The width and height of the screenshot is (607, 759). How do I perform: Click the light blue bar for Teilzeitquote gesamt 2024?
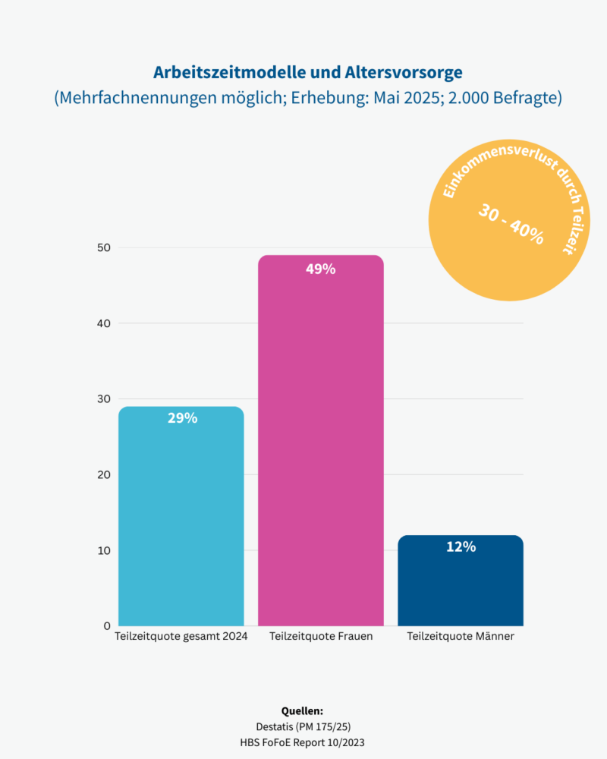pyautogui.click(x=181, y=524)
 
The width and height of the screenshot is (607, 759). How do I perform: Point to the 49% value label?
pyautogui.click(x=321, y=269)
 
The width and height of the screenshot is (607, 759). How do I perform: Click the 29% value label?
pyautogui.click(x=182, y=418)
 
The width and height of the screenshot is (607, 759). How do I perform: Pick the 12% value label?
pyautogui.click(x=461, y=546)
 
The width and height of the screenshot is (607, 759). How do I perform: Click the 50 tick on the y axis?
pyautogui.click(x=103, y=247)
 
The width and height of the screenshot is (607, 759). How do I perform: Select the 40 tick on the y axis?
pyautogui.click(x=103, y=323)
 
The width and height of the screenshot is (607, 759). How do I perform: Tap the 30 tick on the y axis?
pyautogui.click(x=103, y=399)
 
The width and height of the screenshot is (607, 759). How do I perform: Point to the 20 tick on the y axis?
pyautogui.click(x=103, y=475)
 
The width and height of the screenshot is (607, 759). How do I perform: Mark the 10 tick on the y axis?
pyautogui.click(x=103, y=550)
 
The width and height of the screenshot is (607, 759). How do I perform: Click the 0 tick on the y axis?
pyautogui.click(x=107, y=626)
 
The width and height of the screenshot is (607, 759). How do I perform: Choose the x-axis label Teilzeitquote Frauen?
pyautogui.click(x=321, y=637)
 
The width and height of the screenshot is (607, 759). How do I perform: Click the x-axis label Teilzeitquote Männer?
pyautogui.click(x=461, y=637)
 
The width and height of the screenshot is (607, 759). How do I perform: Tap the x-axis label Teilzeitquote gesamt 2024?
pyautogui.click(x=181, y=637)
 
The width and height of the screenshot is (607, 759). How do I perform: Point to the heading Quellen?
pyautogui.click(x=303, y=711)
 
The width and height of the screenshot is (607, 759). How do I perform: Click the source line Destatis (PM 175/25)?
pyautogui.click(x=303, y=726)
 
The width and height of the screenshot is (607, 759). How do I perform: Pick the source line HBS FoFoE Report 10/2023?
pyautogui.click(x=303, y=742)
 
